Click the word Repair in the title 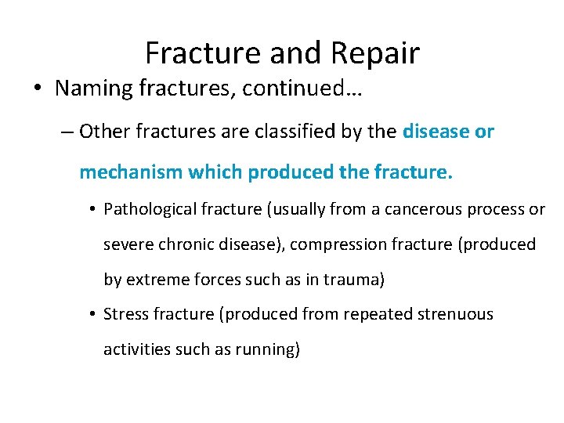(x=377, y=54)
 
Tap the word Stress (x=125, y=314)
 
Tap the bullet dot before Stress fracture (x=92, y=315)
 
